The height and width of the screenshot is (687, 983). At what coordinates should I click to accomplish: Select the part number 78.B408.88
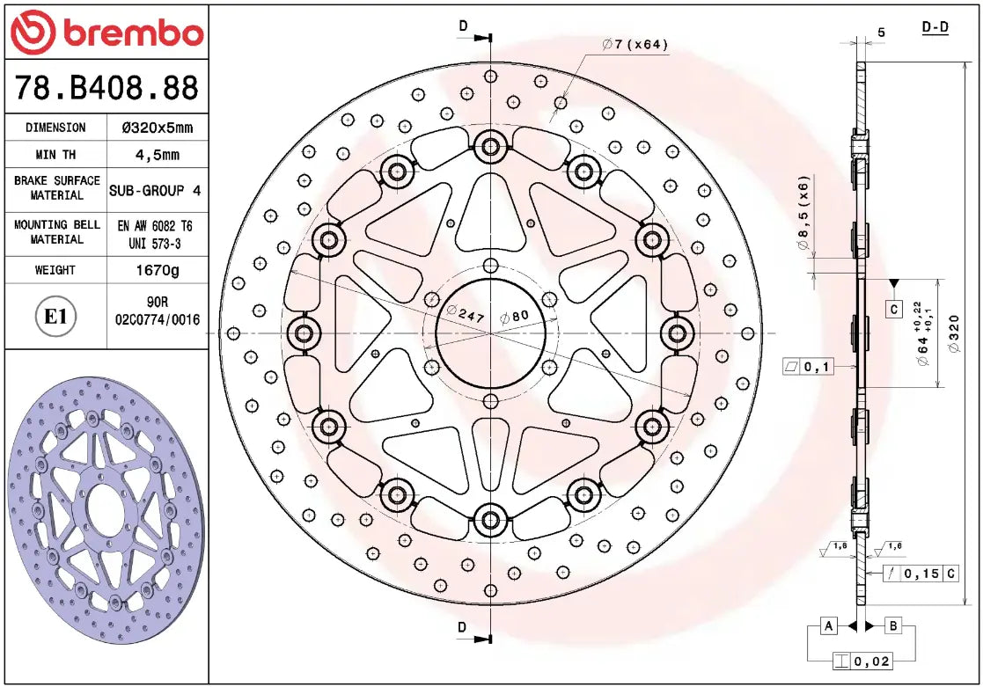106,88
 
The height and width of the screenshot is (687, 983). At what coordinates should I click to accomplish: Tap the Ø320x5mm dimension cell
157,128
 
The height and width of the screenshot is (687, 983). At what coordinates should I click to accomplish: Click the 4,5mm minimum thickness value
157,155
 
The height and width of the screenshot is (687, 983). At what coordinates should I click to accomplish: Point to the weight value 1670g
157,270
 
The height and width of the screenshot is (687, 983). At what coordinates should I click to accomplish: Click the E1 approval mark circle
56,316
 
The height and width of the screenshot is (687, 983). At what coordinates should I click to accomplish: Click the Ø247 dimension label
466,315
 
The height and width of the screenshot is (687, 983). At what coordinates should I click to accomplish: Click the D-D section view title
935,27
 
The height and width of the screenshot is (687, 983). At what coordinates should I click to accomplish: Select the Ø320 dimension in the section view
956,334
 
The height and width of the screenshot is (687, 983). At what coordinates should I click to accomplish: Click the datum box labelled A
827,626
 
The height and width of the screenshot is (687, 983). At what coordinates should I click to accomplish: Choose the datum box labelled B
892,626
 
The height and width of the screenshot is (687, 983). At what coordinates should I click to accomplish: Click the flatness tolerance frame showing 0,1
808,366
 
